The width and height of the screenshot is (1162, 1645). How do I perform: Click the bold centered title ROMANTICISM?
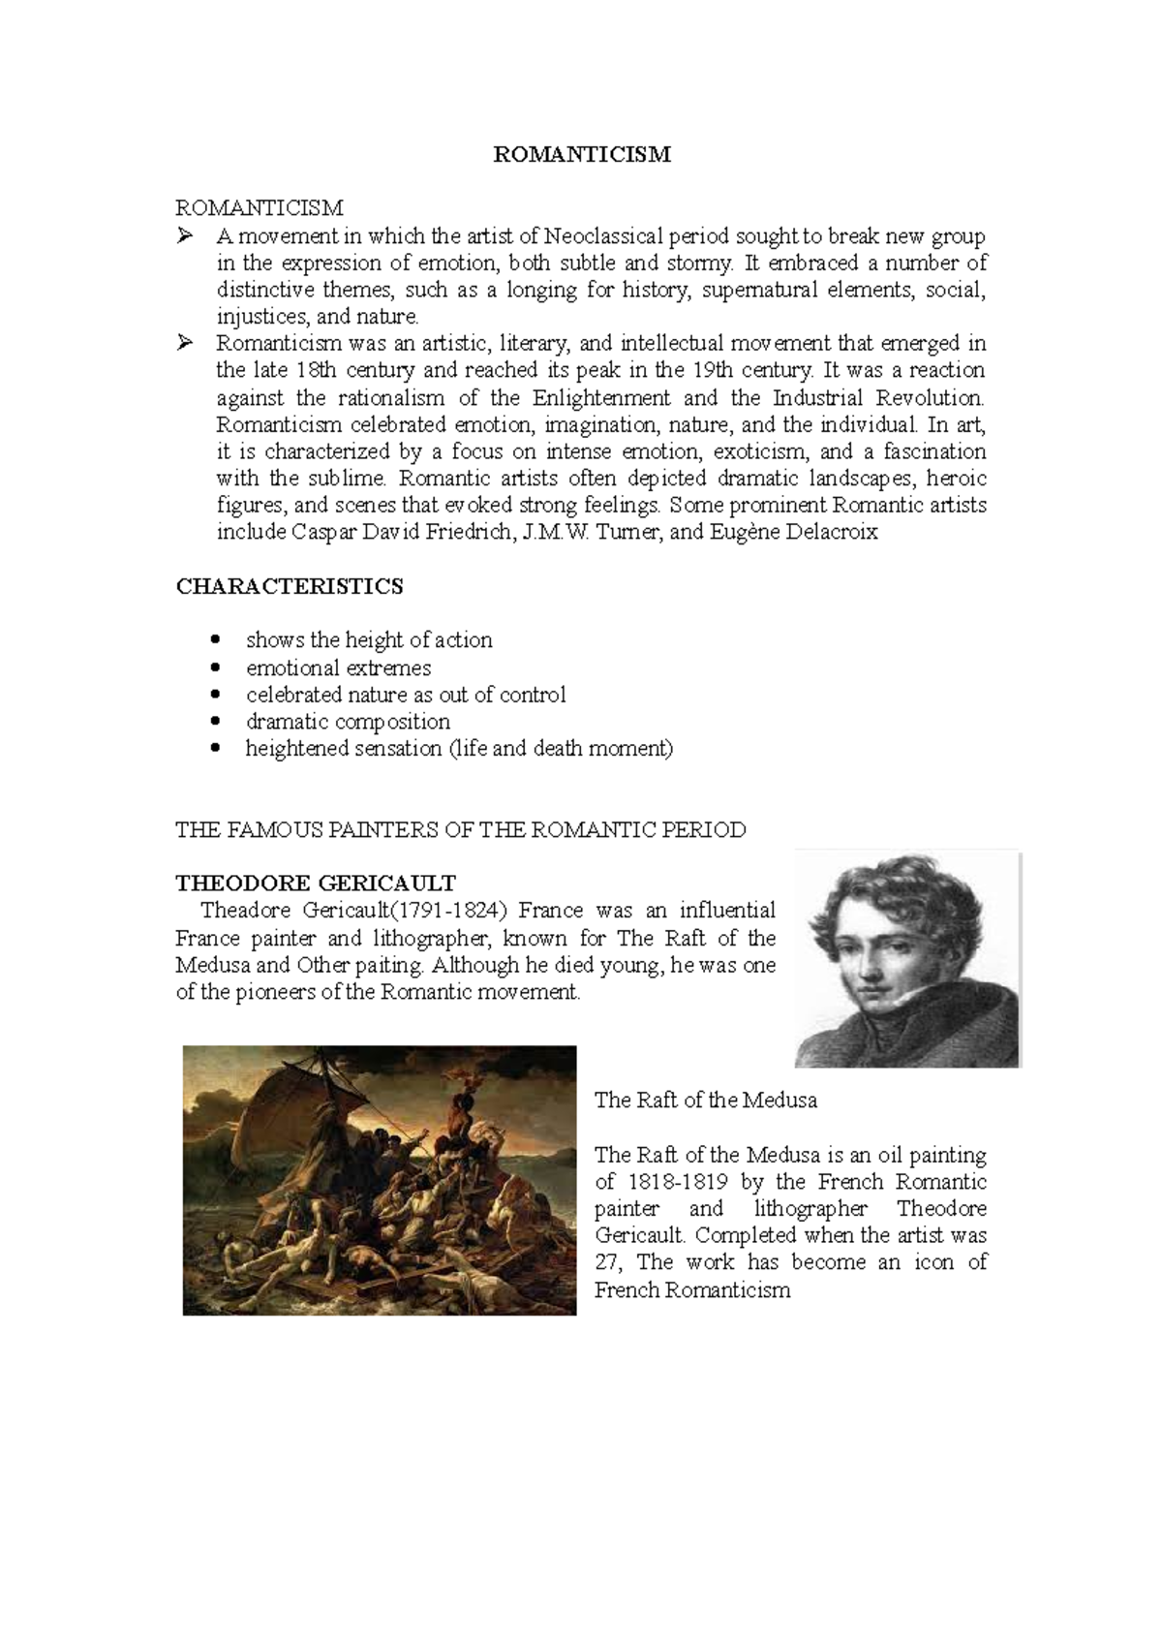coord(582,154)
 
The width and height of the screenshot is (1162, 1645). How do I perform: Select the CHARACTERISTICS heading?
coord(290,586)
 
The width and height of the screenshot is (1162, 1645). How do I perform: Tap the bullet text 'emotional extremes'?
coord(338,667)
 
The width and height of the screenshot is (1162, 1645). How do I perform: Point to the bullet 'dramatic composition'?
coord(348,722)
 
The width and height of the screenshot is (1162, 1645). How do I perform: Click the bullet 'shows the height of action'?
coord(369,640)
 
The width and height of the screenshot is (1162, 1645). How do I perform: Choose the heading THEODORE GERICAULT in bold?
coord(316,883)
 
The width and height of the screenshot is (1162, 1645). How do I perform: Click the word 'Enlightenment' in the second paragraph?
coord(601,397)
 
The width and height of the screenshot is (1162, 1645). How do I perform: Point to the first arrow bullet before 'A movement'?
coord(186,235)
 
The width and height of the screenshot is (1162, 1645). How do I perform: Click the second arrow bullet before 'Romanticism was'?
coord(186,343)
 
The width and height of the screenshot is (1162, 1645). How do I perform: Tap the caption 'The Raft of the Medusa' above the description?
coord(706,1100)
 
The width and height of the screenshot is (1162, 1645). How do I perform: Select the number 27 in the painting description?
coord(608,1262)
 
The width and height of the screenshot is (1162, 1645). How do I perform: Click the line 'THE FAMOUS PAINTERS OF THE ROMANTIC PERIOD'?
coord(461,829)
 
